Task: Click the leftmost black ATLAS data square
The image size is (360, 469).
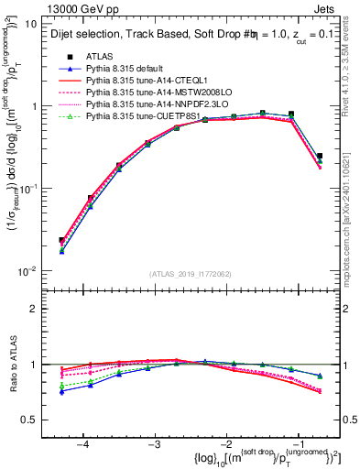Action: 61,240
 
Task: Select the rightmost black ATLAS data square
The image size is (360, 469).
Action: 319,156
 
